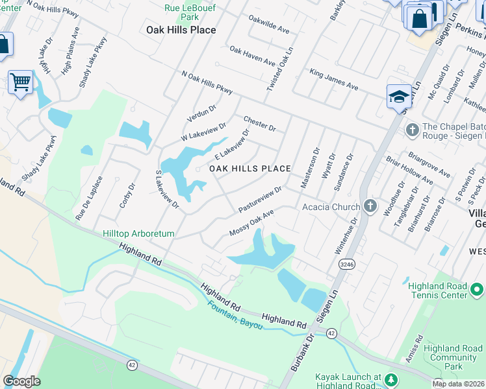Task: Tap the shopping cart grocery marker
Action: [x=20, y=82]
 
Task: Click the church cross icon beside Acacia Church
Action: [x=370, y=207]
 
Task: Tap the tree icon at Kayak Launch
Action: [x=391, y=379]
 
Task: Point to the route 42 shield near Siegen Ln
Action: [x=331, y=333]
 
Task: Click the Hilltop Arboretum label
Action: [x=138, y=233]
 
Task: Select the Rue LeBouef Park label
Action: [x=181, y=12]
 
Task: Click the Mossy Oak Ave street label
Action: [x=251, y=223]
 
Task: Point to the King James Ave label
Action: [x=333, y=79]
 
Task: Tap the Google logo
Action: [x=21, y=381]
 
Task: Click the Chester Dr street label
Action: [x=259, y=123]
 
